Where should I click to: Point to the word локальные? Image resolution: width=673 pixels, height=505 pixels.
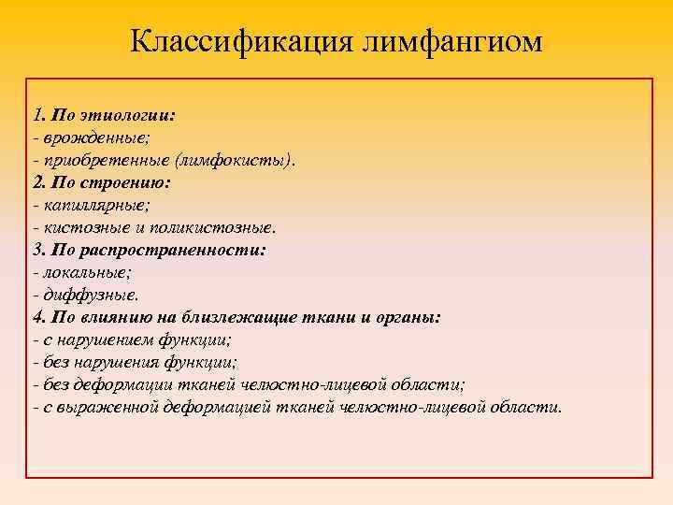[79, 273]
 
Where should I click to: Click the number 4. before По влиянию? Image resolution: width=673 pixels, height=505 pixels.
[38, 318]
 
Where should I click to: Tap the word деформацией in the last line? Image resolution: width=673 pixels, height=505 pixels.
[218, 408]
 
